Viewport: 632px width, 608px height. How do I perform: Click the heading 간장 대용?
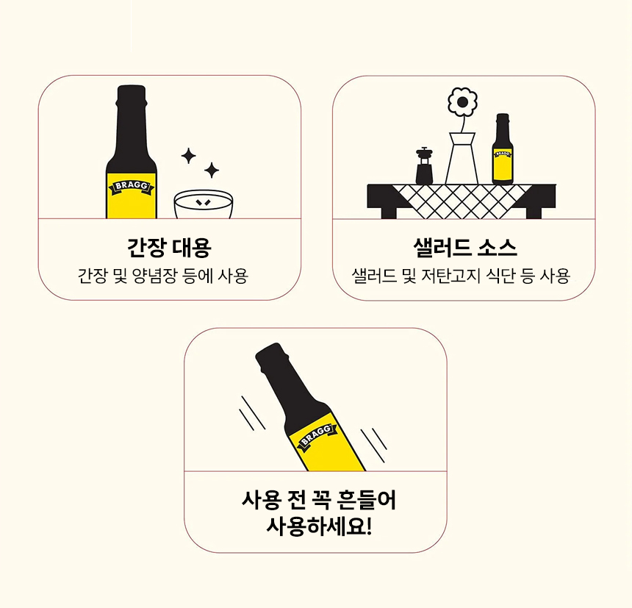169,247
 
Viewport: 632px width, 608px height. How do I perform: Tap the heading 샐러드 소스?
464,247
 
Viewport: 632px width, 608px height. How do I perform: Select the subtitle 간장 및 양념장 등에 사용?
162,276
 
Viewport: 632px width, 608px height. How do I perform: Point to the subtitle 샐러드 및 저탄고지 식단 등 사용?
461,276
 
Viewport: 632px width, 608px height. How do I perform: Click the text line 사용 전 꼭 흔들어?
319,500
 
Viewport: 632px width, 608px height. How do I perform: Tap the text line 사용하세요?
319,526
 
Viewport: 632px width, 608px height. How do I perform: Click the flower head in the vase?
462,102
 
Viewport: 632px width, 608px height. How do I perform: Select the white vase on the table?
462,159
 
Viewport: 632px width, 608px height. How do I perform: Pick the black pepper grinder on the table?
424,165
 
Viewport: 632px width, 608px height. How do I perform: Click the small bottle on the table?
503,149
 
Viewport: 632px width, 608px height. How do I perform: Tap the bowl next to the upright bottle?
204,204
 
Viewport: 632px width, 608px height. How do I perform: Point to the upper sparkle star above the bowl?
188,156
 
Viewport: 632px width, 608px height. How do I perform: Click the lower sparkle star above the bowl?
212,170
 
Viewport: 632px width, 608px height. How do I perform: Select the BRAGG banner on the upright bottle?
132,187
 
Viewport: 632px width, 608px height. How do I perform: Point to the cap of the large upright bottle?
132,94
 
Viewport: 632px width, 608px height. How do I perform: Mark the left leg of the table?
389,213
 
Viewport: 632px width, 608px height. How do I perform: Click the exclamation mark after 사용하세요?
368,526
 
